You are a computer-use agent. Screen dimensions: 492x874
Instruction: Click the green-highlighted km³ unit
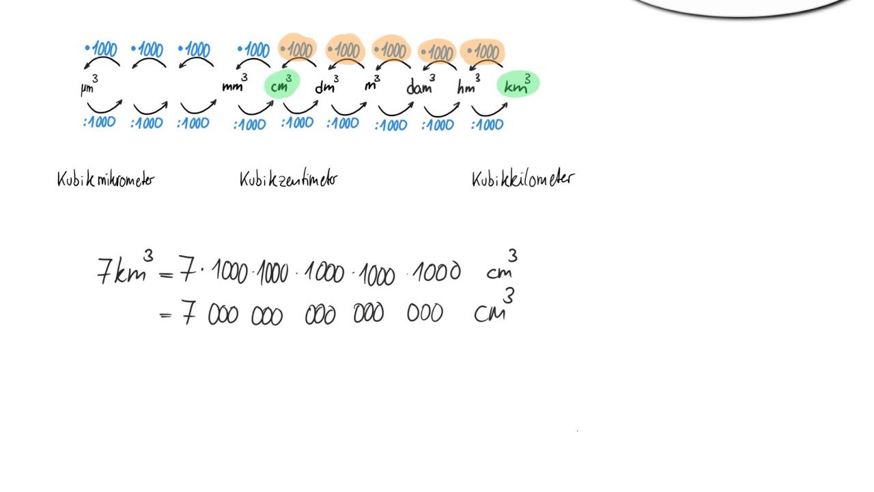coord(518,85)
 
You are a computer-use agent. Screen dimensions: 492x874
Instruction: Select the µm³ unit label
coord(89,87)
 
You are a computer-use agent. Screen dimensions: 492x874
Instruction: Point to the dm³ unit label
coord(326,85)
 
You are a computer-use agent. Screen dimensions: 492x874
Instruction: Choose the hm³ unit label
coord(469,85)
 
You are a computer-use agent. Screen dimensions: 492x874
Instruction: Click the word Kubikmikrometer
coord(106,180)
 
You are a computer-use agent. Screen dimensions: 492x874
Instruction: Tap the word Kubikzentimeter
coord(288,180)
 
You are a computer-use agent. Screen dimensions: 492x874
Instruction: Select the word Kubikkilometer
coord(522,180)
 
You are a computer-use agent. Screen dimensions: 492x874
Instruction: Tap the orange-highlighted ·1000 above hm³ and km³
coord(482,51)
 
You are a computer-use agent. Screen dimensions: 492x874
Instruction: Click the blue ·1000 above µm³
coord(101,49)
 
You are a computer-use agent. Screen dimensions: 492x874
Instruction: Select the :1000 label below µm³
coord(100,123)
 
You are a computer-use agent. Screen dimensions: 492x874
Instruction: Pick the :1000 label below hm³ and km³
coord(487,125)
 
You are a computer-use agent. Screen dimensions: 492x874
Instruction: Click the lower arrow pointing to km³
coord(489,109)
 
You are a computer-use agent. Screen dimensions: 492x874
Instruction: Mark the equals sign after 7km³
coord(166,274)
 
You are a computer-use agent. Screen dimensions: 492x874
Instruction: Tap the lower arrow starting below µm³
coord(104,107)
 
